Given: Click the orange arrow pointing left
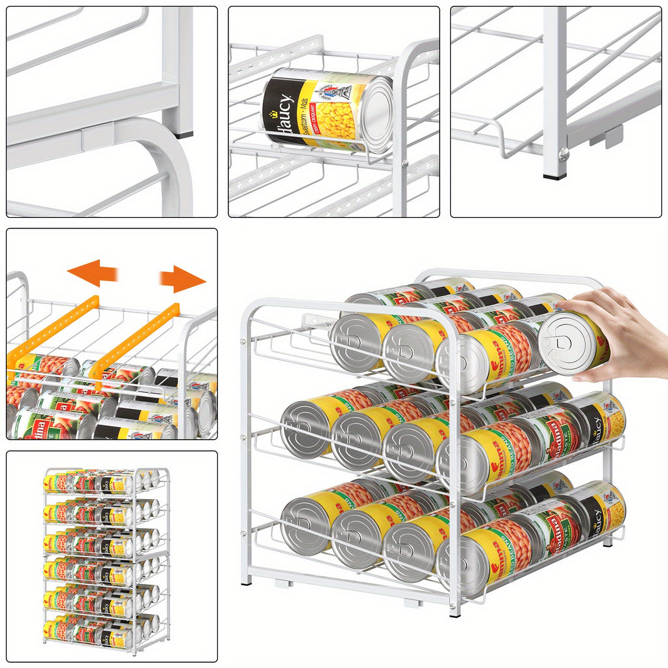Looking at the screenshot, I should pos(91,273).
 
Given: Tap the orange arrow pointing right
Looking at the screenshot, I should pos(183,279).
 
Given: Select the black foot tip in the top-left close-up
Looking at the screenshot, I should pos(184,135).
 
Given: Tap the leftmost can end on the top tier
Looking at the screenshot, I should pos(356,343).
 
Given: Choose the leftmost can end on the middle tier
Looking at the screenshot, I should pos(306,428).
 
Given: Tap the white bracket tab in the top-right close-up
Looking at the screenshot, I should pos(606,138).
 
